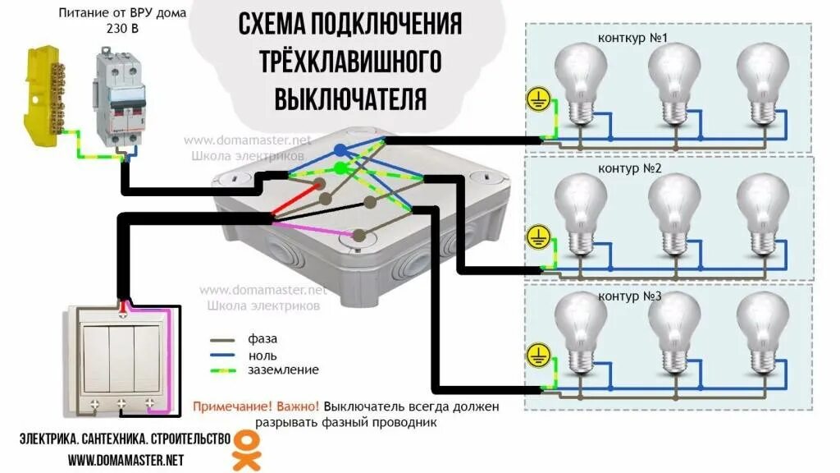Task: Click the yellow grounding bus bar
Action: point(43,94)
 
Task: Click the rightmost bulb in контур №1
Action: point(762,82)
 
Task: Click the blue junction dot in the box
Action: point(340,149)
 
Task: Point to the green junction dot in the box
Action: point(340,168)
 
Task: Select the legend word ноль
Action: point(262,355)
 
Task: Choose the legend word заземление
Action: point(283,370)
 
